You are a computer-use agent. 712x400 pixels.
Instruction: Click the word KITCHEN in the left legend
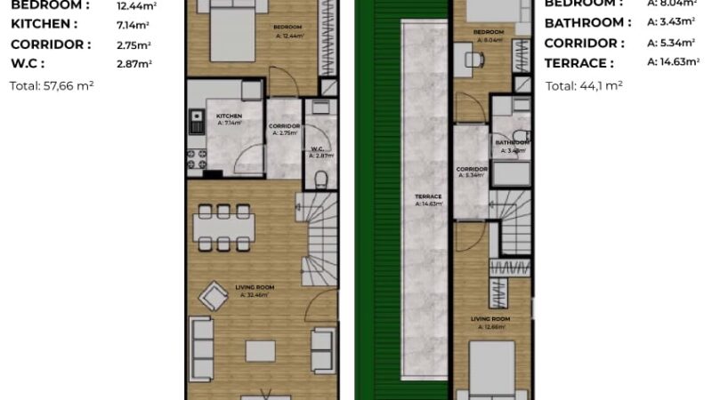(43, 24)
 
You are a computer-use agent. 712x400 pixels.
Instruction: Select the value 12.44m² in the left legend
(134, 5)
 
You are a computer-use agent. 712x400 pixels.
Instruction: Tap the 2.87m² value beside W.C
(134, 64)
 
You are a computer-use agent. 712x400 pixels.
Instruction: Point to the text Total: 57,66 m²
(52, 86)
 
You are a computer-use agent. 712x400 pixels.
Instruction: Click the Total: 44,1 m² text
(583, 86)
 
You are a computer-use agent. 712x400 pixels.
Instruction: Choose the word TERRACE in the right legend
(578, 63)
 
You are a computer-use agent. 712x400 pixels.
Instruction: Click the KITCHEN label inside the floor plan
(229, 116)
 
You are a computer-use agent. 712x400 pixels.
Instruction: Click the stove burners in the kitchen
(196, 158)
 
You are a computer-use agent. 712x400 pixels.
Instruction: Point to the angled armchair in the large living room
(214, 295)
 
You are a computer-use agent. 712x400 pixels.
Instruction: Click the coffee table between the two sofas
(261, 348)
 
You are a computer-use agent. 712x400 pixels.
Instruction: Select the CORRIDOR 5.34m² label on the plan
(470, 171)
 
